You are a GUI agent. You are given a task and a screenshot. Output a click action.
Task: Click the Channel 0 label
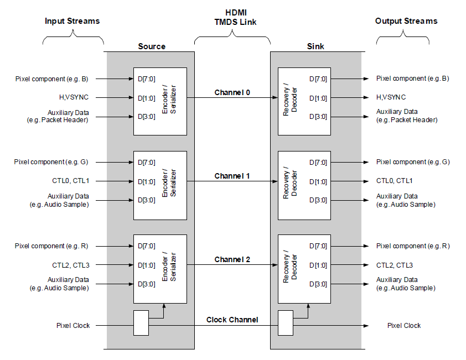232,92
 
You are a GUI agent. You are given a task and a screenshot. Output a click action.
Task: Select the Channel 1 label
232,176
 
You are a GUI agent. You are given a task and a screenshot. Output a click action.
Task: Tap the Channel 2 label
232,259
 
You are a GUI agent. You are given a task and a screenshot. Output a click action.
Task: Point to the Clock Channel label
232,320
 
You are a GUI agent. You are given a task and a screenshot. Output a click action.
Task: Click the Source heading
152,46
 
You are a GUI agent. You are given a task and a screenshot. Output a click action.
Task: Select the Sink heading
315,46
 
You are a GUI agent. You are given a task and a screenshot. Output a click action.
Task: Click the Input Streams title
72,21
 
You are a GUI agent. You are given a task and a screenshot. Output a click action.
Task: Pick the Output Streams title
406,21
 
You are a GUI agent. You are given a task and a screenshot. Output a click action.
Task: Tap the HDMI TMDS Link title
232,17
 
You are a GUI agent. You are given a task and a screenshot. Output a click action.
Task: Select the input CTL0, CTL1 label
70,181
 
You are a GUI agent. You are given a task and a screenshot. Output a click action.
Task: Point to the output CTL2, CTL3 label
395,265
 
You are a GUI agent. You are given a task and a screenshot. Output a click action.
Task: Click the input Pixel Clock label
73,325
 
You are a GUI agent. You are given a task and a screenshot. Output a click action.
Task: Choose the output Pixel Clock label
404,325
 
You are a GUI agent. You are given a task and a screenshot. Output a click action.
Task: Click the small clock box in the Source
141,323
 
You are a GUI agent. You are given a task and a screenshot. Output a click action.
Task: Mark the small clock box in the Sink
285,323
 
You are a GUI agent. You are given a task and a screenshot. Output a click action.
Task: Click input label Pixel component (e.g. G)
51,162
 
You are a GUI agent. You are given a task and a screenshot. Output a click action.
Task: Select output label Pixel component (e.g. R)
412,246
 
